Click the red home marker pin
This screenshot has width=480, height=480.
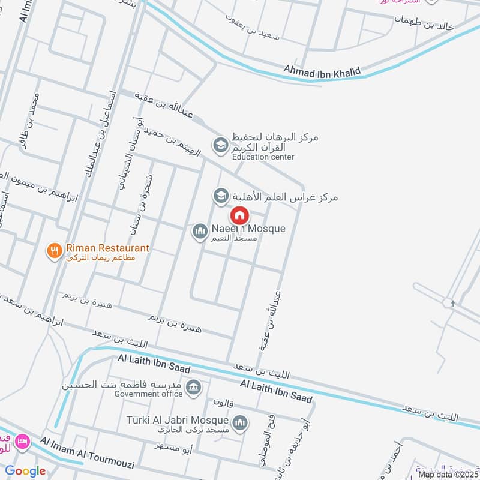(x=239, y=215)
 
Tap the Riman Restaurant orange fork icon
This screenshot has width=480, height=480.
(x=55, y=251)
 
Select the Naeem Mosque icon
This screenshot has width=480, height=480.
(x=199, y=230)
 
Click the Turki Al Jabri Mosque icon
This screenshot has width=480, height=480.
(x=240, y=424)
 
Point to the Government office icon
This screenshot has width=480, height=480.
(x=193, y=387)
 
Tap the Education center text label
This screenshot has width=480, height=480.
(x=263, y=157)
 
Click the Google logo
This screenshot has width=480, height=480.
(x=25, y=471)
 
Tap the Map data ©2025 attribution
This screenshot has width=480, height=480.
(x=447, y=475)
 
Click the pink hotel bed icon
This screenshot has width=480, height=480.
(x=23, y=442)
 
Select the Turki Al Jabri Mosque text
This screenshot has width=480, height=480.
(x=178, y=421)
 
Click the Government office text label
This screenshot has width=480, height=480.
(x=149, y=394)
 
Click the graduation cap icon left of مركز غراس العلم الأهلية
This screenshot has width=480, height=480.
(x=220, y=196)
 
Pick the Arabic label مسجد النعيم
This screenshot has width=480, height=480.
(x=235, y=239)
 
